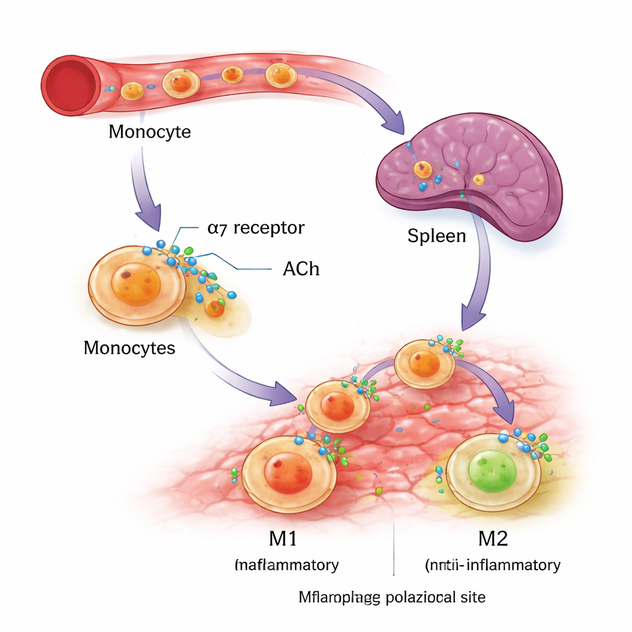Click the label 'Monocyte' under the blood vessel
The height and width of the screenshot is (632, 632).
pyautogui.click(x=149, y=131)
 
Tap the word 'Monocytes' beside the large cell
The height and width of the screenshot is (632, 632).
pyautogui.click(x=129, y=347)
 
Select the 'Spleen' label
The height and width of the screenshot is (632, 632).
pyautogui.click(x=436, y=235)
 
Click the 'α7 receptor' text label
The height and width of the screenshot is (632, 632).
pyautogui.click(x=256, y=228)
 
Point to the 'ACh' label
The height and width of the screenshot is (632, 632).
pyautogui.click(x=301, y=269)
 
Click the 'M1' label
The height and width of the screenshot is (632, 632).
pyautogui.click(x=283, y=538)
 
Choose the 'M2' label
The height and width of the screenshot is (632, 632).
pyautogui.click(x=493, y=538)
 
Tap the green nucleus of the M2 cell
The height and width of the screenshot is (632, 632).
pyautogui.click(x=493, y=471)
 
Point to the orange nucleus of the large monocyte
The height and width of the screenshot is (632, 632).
pyautogui.click(x=136, y=284)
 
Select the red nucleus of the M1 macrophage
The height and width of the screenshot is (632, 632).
pyautogui.click(x=288, y=472)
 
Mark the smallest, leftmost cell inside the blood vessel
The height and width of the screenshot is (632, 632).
pyautogui.click(x=132, y=91)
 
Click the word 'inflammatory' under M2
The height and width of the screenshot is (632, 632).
pyautogui.click(x=517, y=564)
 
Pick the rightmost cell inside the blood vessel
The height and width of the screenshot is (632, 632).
pyautogui.click(x=281, y=75)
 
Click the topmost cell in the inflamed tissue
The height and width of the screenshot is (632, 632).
pyautogui.click(x=425, y=363)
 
